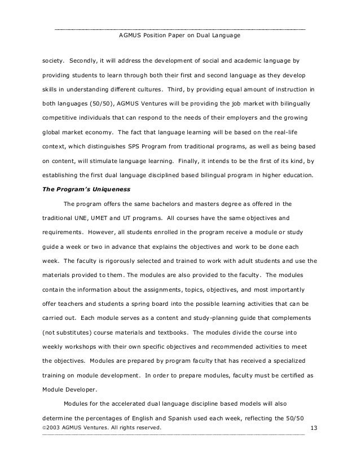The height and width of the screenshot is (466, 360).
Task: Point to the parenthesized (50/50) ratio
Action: pyautogui.click(x=107, y=104)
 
